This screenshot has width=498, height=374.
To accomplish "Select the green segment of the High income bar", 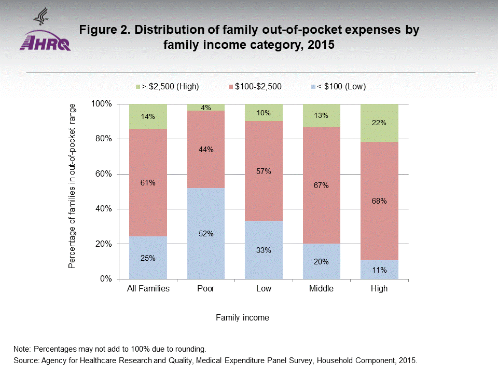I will tap(379, 123).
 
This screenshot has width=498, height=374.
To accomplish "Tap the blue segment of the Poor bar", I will tap(206, 233).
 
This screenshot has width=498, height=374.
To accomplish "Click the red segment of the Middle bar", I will tap(321, 185).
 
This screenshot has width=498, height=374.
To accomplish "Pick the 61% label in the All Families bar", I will tap(148, 183).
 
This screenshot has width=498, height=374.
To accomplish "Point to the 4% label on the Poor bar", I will tap(206, 108).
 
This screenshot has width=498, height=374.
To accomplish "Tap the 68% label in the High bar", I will tap(379, 201).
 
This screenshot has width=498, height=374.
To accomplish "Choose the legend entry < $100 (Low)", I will tap(341, 87).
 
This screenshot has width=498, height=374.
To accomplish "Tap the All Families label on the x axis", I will tap(148, 289).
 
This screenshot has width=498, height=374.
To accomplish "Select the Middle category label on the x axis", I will tap(321, 289).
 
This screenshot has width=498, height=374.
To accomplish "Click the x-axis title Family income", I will tap(243, 317).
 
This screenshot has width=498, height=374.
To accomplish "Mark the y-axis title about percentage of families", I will tap(72, 186).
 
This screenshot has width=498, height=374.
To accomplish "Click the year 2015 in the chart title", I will tap(318, 45).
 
